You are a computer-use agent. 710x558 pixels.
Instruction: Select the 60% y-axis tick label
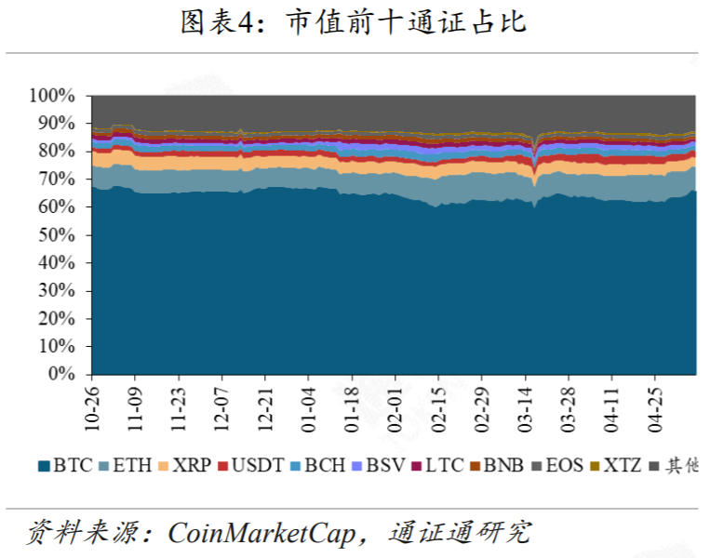(55, 206)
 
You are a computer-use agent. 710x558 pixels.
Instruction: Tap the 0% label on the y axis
(61, 374)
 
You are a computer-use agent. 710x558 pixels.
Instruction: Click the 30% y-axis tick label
(55, 290)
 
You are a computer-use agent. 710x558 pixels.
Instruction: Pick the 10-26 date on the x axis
(93, 407)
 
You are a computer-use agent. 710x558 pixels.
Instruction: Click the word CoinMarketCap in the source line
(262, 533)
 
